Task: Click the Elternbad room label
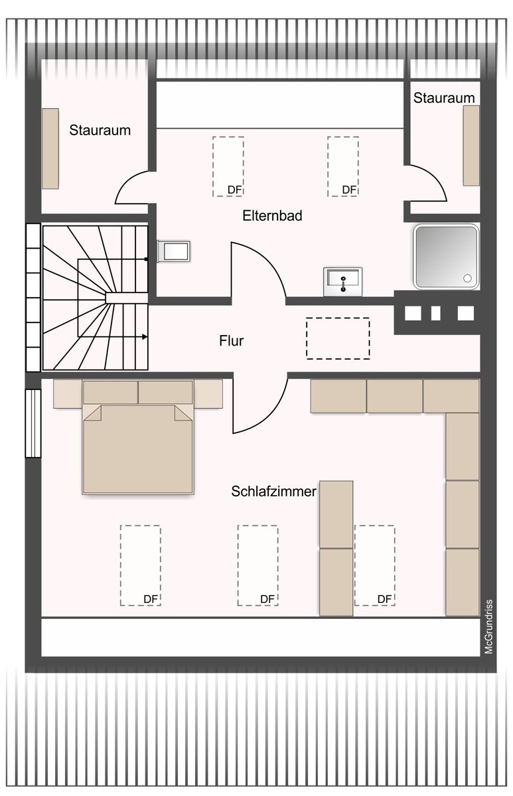pyautogui.click(x=272, y=216)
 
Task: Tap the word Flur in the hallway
pyautogui.click(x=232, y=341)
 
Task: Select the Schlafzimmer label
pyautogui.click(x=273, y=492)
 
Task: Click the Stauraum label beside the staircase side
pyautogui.click(x=100, y=130)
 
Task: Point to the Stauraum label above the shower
pyautogui.click(x=444, y=98)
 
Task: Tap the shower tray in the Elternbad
pyautogui.click(x=446, y=256)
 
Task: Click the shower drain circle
pyautogui.click(x=467, y=278)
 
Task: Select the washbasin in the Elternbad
pyautogui.click(x=342, y=281)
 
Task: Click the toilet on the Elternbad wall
pyautogui.click(x=174, y=251)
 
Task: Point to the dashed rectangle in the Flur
pyautogui.click(x=338, y=338)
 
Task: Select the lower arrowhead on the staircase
pyautogui.click(x=145, y=336)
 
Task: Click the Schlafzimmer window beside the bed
pyautogui.click(x=33, y=423)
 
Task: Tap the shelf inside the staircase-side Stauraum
pyautogui.click(x=50, y=149)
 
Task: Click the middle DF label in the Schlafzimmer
pyautogui.click(x=267, y=599)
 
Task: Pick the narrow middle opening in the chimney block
pyautogui.click(x=435, y=313)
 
